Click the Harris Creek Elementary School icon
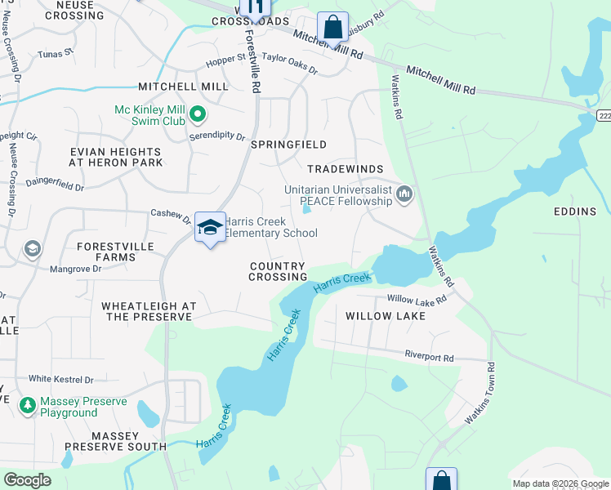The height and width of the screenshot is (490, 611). (x=210, y=228)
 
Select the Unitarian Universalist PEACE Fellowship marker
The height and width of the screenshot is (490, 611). (x=404, y=194)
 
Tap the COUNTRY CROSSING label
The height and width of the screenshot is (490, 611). (x=278, y=271)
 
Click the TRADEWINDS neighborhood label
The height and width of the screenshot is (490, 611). (x=345, y=168)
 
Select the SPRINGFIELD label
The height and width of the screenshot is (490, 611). (x=288, y=145)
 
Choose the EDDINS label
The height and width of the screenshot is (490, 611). (x=574, y=212)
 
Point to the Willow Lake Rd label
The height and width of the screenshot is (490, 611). (x=417, y=300)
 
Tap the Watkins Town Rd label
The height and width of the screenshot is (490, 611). (x=480, y=393)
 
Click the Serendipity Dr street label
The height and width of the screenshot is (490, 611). (x=217, y=136)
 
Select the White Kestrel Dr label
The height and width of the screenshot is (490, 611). (x=61, y=379)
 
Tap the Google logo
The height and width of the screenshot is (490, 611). (x=27, y=480)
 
